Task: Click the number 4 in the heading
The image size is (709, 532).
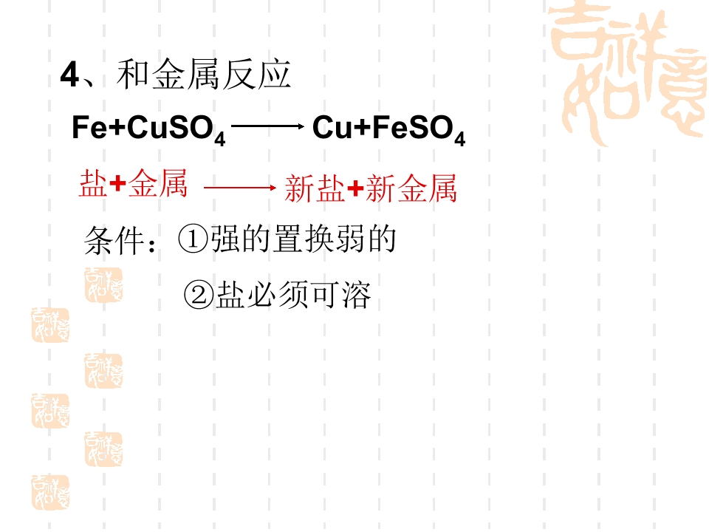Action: click(x=70, y=75)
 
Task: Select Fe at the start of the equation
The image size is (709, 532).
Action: click(x=89, y=127)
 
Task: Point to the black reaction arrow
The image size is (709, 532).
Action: click(x=268, y=126)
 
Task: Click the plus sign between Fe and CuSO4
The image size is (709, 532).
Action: click(x=117, y=128)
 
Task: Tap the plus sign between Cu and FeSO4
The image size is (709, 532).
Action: click(x=363, y=128)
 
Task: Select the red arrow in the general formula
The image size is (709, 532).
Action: click(x=240, y=187)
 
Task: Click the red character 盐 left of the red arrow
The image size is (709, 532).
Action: click(x=94, y=184)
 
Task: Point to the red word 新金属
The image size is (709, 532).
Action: click(x=411, y=188)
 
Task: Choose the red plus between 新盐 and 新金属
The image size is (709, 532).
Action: click(x=355, y=188)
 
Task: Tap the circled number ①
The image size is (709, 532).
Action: click(x=193, y=239)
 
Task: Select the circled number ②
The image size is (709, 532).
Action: click(x=199, y=295)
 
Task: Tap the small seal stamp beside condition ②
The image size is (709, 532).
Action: click(x=103, y=285)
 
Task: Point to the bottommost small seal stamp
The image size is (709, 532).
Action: click(x=50, y=493)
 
